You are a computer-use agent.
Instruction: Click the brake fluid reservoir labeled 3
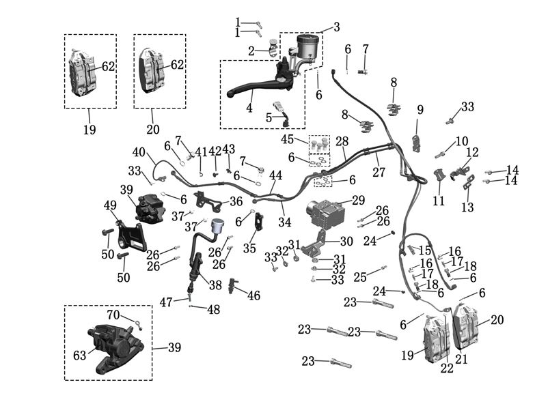(x=307, y=46)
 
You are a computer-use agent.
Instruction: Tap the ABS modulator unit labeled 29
(x=325, y=214)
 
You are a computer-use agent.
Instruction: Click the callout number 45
(x=287, y=139)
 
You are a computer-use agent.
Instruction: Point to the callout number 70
(x=113, y=315)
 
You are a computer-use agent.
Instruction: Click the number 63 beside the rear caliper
(x=79, y=356)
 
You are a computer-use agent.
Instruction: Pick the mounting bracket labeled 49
(x=132, y=237)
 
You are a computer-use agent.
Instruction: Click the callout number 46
(x=254, y=295)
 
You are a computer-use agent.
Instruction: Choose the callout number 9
(x=420, y=110)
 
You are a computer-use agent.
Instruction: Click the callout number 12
(x=473, y=152)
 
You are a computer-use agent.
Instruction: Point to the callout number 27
(x=379, y=173)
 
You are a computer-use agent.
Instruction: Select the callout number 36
(x=236, y=201)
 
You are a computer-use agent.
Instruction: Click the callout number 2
(x=251, y=51)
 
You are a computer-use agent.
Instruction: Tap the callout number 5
(x=269, y=118)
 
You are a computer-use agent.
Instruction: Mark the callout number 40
(x=139, y=152)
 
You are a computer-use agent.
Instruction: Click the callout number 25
(x=360, y=277)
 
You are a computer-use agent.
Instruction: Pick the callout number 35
(x=249, y=248)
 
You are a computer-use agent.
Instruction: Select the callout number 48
(x=213, y=310)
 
